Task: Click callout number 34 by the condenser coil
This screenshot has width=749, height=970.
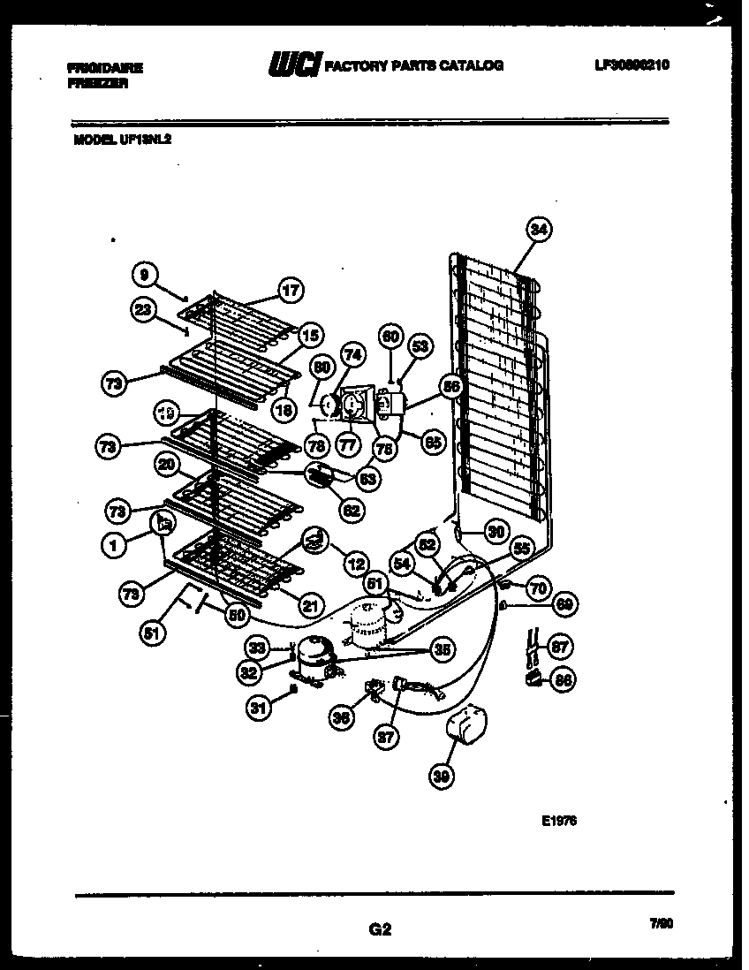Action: pos(539,230)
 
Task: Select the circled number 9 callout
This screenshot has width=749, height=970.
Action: pos(144,275)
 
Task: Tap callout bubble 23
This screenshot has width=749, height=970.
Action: pos(144,308)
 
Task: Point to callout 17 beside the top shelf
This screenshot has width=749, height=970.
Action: pos(291,289)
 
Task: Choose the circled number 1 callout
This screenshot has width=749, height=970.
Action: pos(113,546)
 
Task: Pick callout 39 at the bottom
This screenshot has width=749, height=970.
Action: pos(439,775)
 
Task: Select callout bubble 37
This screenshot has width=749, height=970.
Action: pos(385,738)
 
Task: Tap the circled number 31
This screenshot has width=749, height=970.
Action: pos(258,706)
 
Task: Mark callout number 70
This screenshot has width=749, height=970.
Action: pos(537,586)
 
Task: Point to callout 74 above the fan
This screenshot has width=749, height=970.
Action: pos(352,354)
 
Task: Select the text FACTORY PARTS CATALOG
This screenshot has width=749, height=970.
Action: pos(414,66)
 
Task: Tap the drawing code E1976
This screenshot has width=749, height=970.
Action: pos(559,820)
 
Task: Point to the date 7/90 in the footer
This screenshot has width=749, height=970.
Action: pos(661,923)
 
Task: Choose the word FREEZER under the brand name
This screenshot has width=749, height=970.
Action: pos(97,81)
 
